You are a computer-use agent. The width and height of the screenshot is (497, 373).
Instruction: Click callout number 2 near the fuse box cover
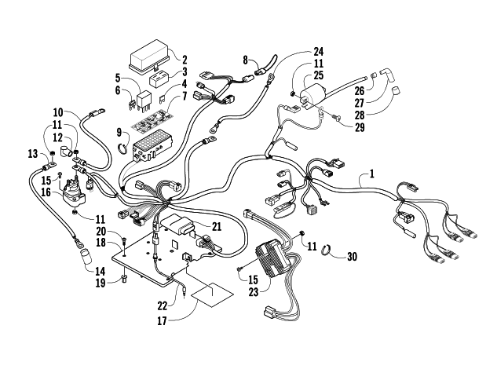click(185, 59)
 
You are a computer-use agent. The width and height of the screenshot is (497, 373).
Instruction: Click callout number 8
click(246, 59)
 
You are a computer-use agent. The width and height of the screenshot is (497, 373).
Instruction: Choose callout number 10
click(58, 112)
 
